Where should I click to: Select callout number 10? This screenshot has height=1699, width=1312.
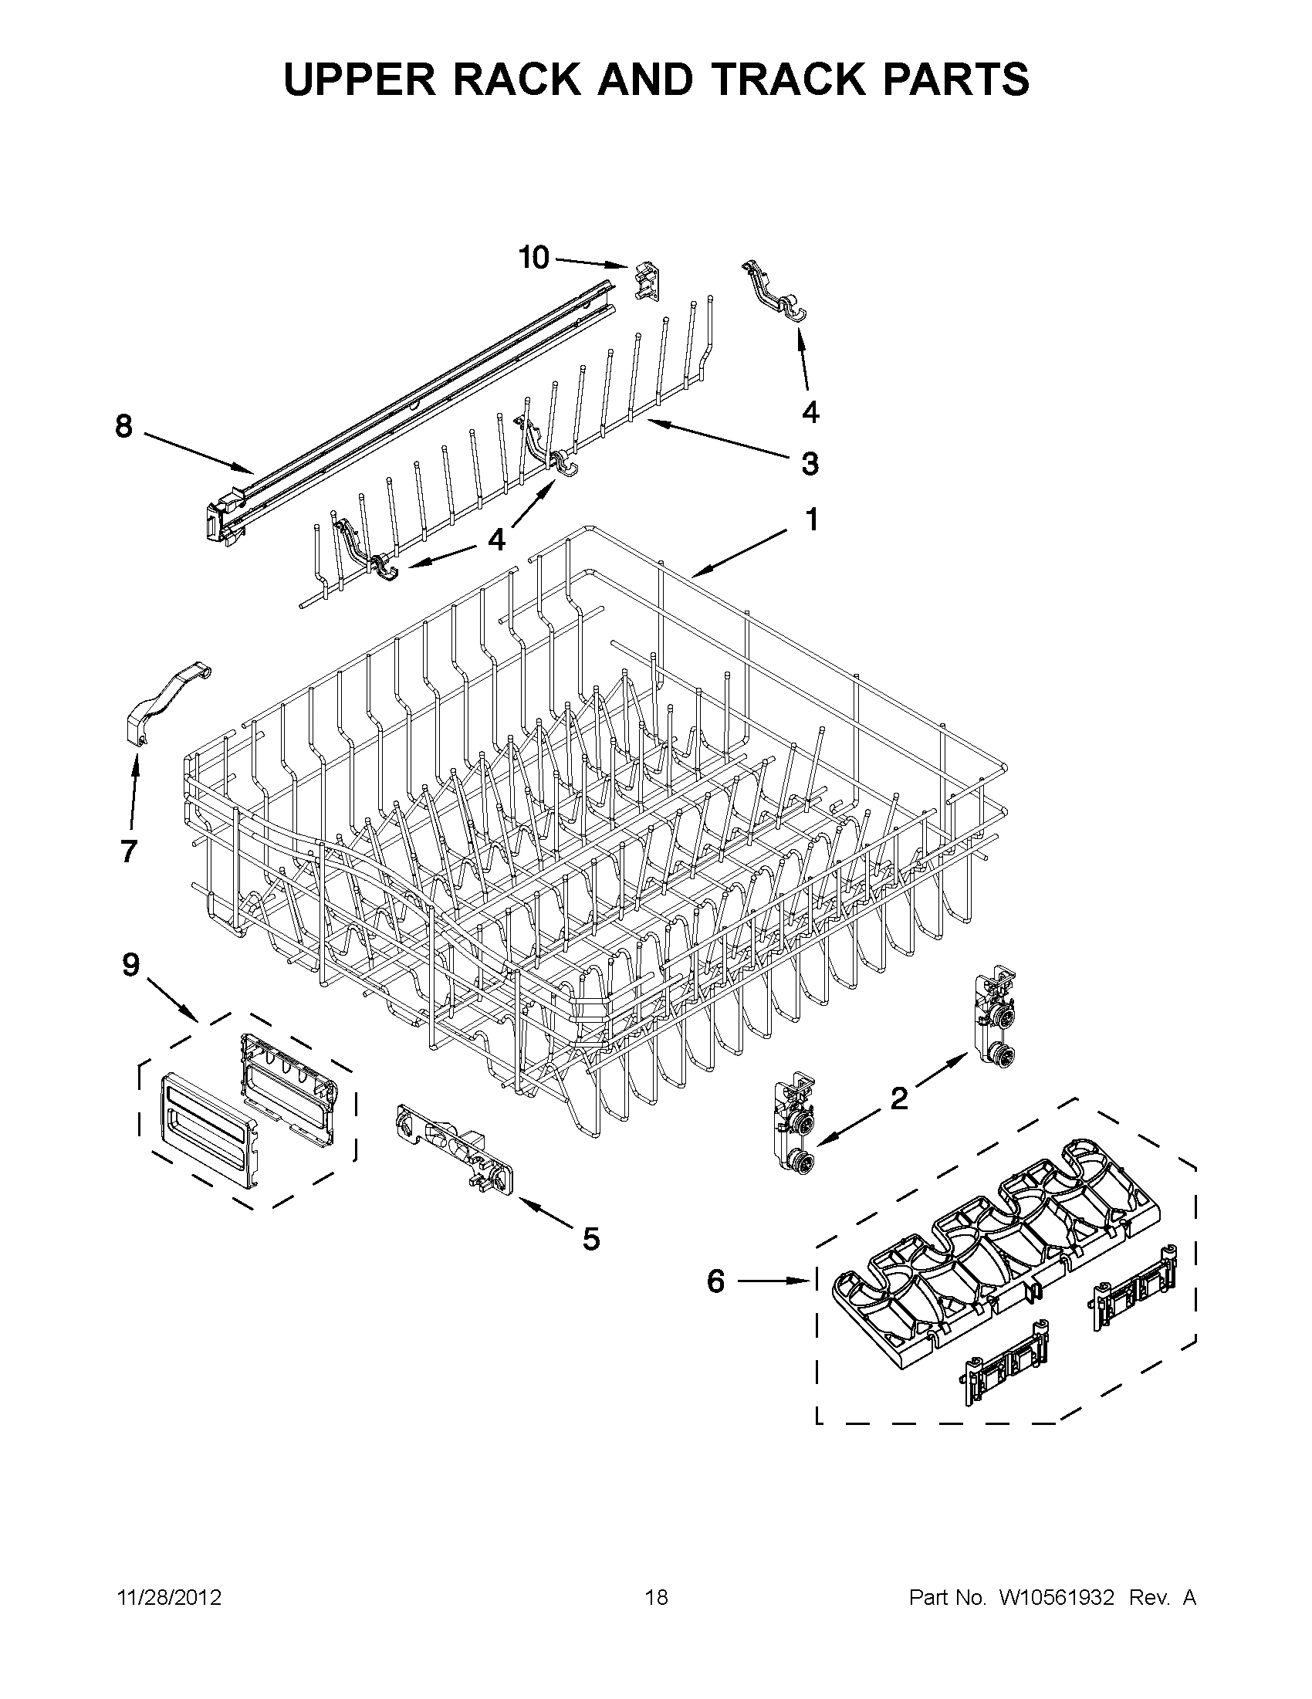pyautogui.click(x=534, y=258)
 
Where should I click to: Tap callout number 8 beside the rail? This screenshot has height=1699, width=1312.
pyautogui.click(x=124, y=427)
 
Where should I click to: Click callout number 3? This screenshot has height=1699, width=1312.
pyautogui.click(x=810, y=464)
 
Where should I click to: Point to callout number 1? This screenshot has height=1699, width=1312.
pyautogui.click(x=810, y=520)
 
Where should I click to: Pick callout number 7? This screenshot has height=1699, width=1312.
pyautogui.click(x=129, y=852)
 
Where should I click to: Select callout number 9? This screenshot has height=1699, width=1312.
pyautogui.click(x=130, y=966)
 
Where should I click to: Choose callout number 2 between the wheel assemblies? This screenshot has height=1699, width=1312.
pyautogui.click(x=898, y=1098)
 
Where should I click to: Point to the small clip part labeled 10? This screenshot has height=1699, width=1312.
pyautogui.click(x=647, y=281)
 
